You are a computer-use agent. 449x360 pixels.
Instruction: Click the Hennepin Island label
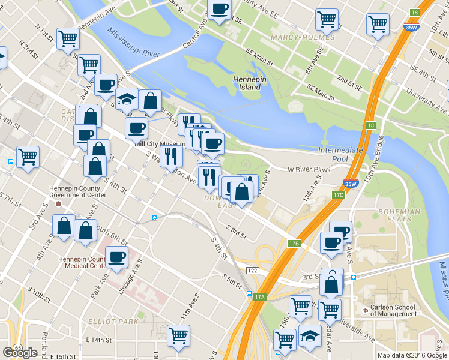coord(247,83)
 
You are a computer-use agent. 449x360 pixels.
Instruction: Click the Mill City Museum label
coord(158,144)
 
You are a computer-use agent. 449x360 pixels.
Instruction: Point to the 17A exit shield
coord(259,296)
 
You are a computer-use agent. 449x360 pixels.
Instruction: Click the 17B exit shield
coord(294,244)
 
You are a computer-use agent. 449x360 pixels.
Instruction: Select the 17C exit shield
coord(339,195)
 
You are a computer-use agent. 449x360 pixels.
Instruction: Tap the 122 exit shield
coord(252,271)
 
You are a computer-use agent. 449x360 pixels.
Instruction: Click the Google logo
coord(20,352)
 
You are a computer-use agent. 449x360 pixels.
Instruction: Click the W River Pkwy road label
coord(309,170)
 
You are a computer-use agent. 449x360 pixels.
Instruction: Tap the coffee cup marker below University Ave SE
coord(219,10)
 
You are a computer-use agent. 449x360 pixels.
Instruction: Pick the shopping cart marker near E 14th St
coord(178,335)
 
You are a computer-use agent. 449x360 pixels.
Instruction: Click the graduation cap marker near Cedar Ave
coord(310,337)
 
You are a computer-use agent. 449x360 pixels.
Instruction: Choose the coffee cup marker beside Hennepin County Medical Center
coord(117,257)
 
